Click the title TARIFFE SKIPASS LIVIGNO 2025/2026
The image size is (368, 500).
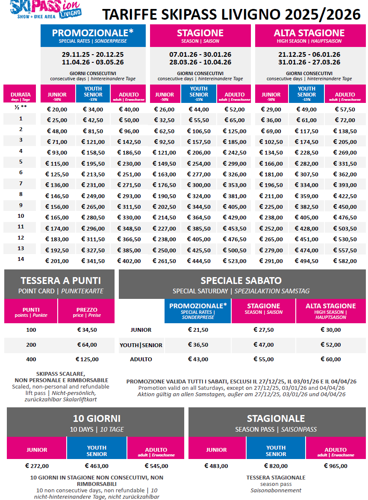(x=231, y=15)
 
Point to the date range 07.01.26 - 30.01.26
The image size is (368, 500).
(x=200, y=55)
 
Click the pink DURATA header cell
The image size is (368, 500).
(x=21, y=94)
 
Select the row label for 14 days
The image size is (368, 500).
(x=21, y=259)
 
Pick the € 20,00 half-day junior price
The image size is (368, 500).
(x=57, y=109)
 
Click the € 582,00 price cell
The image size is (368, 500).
(x=345, y=261)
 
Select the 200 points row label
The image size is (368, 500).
(x=31, y=345)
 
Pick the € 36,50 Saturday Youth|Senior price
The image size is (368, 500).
(x=198, y=345)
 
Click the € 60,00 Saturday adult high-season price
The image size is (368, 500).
(x=330, y=360)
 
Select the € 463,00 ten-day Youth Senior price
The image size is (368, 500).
(x=97, y=466)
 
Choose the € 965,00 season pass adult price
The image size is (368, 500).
(x=336, y=466)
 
